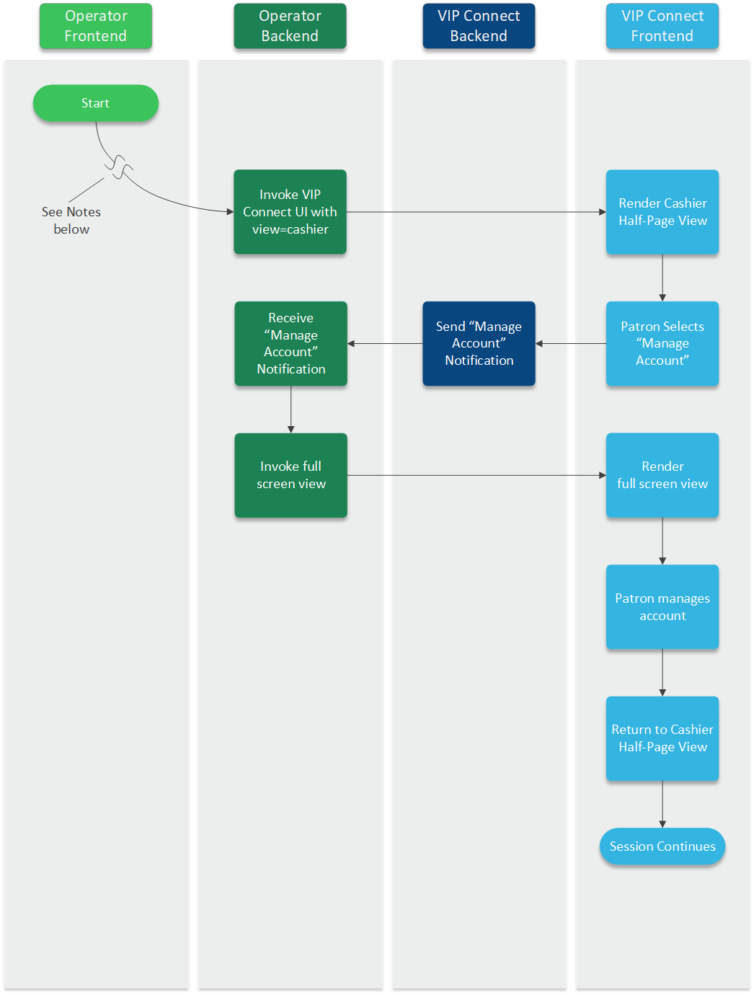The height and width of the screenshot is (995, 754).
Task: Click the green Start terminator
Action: point(95,103)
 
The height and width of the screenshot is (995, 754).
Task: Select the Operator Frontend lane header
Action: point(95,26)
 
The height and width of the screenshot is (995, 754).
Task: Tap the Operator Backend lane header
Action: point(290,26)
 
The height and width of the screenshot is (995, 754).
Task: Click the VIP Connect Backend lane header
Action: point(479,26)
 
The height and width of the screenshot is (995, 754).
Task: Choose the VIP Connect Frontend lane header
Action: point(662,26)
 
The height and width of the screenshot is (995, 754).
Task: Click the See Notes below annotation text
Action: point(71,220)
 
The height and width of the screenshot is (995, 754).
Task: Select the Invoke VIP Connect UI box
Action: point(290,212)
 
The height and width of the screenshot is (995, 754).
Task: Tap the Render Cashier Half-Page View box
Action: point(662,212)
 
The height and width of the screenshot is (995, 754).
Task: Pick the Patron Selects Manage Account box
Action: point(662,343)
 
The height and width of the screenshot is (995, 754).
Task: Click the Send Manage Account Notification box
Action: point(479,343)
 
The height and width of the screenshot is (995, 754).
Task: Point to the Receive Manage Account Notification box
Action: point(290,343)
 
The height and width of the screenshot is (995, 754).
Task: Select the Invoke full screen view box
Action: point(290,475)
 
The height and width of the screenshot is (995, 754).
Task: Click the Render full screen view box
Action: point(662,475)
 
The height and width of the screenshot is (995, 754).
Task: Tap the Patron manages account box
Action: point(662,606)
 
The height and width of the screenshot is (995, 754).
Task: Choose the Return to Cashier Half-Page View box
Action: point(662,738)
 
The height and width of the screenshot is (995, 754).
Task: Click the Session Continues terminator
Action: point(662,846)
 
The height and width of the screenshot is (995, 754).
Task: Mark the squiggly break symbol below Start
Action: point(119,167)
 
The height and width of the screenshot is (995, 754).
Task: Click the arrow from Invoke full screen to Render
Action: point(476,475)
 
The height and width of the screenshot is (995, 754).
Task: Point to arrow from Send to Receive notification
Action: point(385,343)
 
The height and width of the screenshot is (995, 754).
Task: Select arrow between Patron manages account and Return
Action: point(662,672)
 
